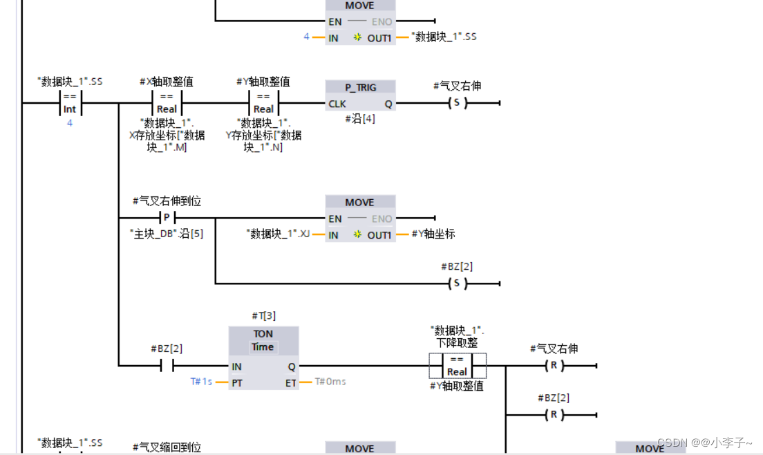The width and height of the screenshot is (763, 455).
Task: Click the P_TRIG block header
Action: click(360, 87)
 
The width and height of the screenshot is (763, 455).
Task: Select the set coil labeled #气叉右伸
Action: click(456, 104)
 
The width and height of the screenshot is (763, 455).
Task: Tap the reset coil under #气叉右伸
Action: click(553, 366)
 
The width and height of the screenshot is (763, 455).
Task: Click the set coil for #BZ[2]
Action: click(456, 284)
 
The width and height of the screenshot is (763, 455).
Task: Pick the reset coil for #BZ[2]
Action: click(553, 415)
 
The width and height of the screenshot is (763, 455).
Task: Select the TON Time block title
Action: click(263, 340)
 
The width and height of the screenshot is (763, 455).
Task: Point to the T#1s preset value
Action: click(201, 382)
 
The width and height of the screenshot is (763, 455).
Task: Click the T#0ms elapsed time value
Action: click(330, 382)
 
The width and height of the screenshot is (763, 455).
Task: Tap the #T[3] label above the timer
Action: click(263, 316)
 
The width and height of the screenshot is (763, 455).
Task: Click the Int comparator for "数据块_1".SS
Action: click(70, 104)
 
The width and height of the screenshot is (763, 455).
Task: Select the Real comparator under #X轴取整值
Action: click(167, 104)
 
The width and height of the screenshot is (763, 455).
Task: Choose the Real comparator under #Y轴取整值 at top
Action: click(263, 104)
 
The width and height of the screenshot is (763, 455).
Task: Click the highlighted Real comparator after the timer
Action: click(457, 366)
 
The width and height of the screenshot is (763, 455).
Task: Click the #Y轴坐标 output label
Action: click(433, 234)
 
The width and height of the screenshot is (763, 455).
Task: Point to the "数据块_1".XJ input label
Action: click(279, 234)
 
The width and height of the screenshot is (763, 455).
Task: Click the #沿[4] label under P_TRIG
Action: click(360, 119)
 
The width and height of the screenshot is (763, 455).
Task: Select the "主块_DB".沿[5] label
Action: click(167, 234)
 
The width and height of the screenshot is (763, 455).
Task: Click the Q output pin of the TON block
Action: click(291, 366)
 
